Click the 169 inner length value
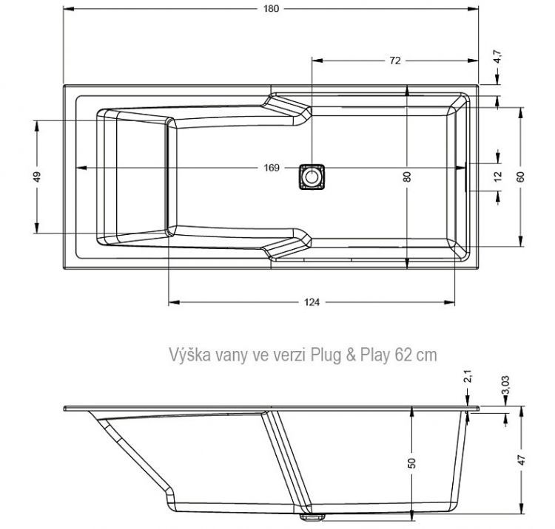coord(271,168)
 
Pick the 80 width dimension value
coord(407,177)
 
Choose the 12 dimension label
coord(498,176)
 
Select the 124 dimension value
coord(312,301)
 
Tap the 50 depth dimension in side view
coord(412,463)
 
